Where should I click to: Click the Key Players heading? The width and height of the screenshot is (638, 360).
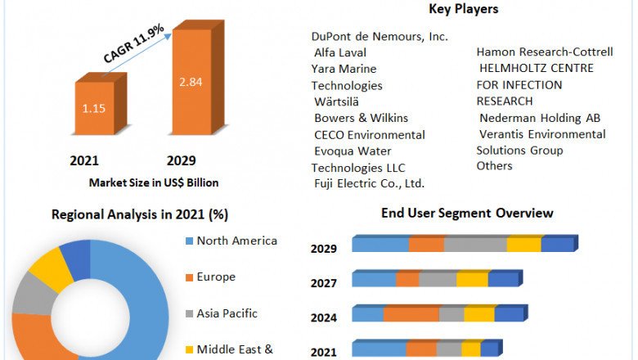coord(463,10)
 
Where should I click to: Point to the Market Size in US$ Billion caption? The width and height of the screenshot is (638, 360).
coord(154,182)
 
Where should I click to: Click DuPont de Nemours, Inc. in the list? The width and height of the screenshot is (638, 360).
coord(380,37)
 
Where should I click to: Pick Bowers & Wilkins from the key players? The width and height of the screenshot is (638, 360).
coord(361,118)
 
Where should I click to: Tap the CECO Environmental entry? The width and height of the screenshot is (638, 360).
coord(370,134)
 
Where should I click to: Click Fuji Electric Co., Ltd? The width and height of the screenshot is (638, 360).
coord(369,183)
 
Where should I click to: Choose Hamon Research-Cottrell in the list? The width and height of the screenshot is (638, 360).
coord(545,52)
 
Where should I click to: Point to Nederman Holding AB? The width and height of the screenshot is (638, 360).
coord(541,118)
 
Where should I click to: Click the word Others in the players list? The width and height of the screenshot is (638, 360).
coord(494,166)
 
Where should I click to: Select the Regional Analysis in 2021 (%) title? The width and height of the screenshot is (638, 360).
coord(140,215)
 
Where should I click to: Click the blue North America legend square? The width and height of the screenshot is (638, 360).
coord(190,241)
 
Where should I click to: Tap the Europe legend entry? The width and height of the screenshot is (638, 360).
coord(216,277)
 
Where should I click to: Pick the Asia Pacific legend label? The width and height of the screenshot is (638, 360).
coord(227,313)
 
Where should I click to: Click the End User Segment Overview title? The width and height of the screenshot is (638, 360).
coord(467,214)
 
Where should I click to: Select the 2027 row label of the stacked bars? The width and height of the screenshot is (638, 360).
coord(323,284)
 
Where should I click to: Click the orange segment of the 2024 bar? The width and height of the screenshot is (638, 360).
coord(411,314)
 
